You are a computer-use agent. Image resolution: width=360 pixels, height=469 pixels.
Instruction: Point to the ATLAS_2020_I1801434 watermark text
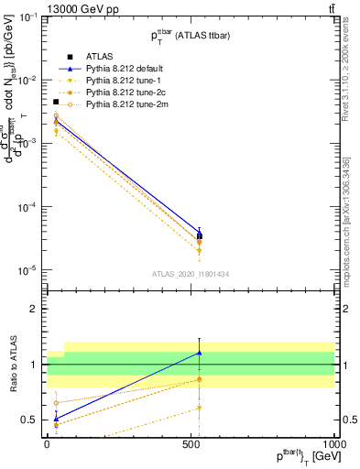[x=190, y=274]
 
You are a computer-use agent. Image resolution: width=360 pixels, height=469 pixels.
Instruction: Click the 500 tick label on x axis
[x=191, y=442]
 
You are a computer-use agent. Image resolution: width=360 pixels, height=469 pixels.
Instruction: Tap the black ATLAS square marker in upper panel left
[x=56, y=102]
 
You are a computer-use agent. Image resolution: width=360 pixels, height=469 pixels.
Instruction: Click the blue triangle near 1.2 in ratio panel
[x=199, y=353]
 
